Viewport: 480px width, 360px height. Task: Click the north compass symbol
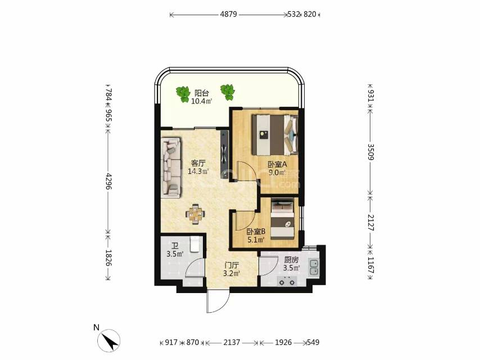coord(108,340)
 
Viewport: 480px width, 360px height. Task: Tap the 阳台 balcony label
coord(201,93)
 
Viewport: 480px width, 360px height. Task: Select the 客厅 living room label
coord(198,163)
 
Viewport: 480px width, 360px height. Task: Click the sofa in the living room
coord(171,166)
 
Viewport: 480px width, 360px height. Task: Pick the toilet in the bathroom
coord(194,244)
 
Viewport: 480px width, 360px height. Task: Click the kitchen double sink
coord(314,267)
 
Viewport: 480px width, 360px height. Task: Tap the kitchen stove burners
coord(287,280)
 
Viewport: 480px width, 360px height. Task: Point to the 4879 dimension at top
coord(228,14)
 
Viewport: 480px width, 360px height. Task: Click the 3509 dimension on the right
coord(370,152)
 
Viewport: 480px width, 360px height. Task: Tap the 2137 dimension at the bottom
coord(232,342)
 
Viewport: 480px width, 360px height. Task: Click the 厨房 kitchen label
coord(291,260)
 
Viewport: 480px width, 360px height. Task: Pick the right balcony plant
coord(228,92)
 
